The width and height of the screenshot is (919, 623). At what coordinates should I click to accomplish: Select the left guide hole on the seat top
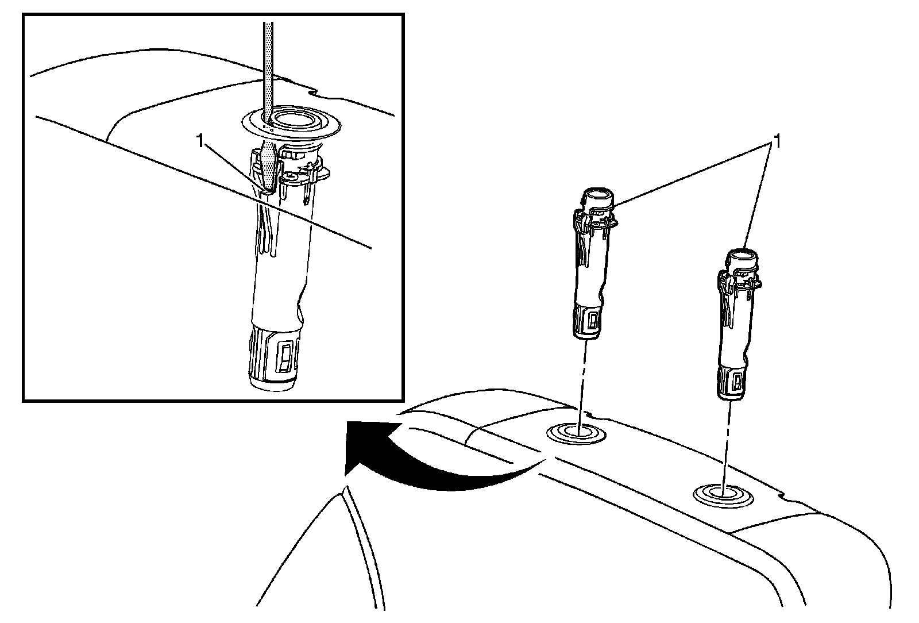[x=576, y=434]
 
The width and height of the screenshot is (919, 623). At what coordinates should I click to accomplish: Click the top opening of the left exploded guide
[x=597, y=194]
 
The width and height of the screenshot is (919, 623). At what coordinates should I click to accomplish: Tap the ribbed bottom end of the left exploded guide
[x=588, y=322]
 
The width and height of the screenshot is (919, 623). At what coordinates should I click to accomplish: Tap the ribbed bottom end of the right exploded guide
[x=732, y=383]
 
